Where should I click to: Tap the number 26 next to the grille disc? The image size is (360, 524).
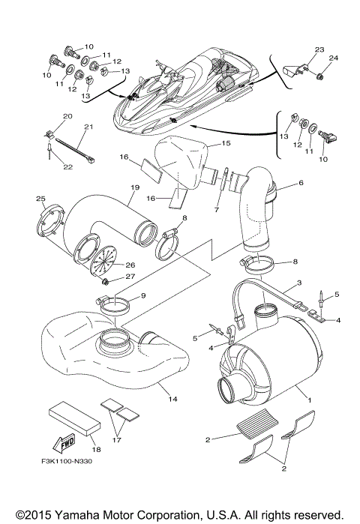130,264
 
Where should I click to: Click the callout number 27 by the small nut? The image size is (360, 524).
130,276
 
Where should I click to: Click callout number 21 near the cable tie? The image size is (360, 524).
88,127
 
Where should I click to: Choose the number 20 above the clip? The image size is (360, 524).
67,116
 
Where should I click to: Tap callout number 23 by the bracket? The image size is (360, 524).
319,50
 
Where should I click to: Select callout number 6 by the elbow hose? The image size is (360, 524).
301,182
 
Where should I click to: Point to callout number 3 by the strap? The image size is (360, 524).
298,283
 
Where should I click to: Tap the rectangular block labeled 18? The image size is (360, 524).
73,420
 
